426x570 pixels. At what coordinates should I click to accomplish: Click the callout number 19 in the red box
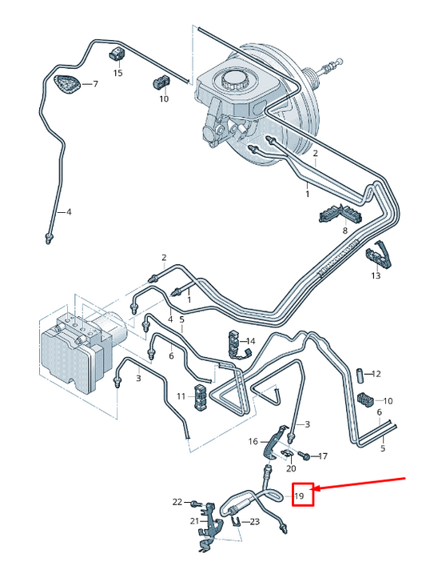point(301,496)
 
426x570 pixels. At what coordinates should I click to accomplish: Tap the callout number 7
point(95,84)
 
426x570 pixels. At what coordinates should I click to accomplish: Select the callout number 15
point(117,74)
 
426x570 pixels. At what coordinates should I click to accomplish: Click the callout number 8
point(345,231)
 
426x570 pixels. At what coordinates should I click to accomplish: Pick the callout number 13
point(376,275)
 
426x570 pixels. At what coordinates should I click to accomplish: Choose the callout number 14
point(249,341)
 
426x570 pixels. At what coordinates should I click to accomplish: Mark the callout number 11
point(181,395)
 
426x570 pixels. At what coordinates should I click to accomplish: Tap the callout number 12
point(377,374)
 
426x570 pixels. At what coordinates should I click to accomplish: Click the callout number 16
point(253,441)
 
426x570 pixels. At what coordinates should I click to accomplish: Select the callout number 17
point(323,456)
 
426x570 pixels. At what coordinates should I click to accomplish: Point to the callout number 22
point(177,502)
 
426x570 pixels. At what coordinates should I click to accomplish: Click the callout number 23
point(255,522)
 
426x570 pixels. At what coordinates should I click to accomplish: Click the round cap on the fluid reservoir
point(234,80)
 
